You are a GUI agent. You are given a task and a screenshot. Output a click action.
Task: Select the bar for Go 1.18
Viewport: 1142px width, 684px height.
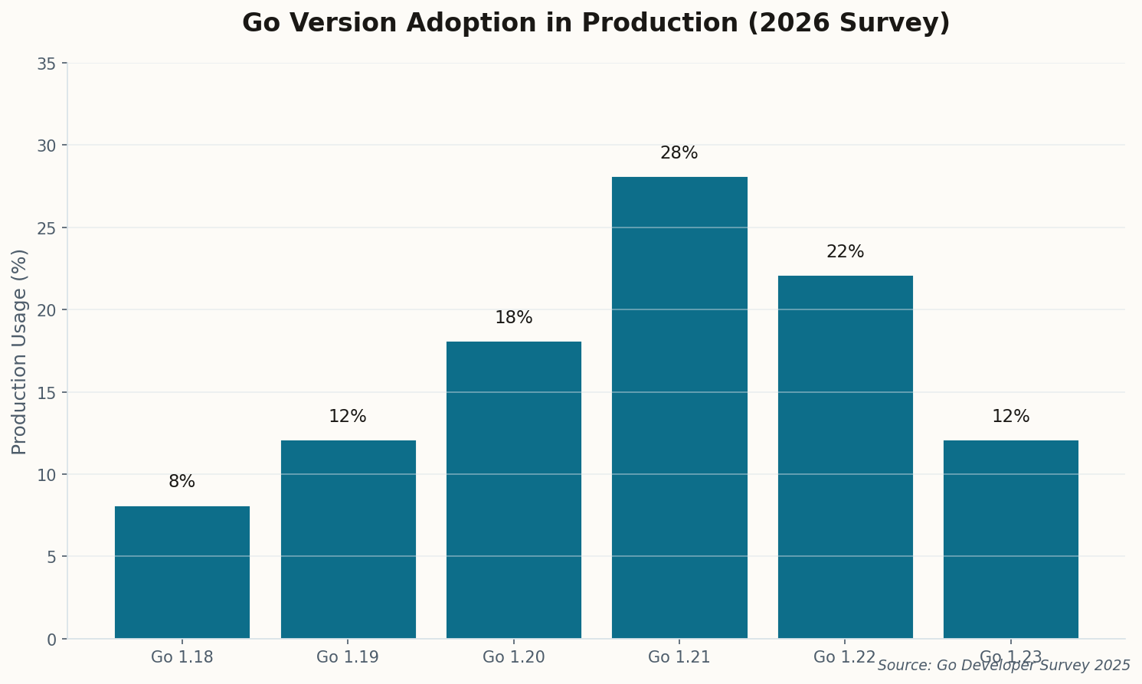click(182, 572)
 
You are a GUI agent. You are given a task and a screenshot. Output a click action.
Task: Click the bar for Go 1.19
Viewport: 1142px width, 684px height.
click(348, 539)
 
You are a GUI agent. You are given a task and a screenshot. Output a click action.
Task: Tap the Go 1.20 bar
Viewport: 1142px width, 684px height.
click(513, 490)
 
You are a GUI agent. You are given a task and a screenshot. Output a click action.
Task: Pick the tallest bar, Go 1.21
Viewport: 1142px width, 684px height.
click(679, 407)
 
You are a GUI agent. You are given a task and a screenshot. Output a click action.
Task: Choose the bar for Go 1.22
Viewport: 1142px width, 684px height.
click(845, 457)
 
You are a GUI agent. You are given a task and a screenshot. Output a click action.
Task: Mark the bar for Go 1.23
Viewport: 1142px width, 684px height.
click(1010, 539)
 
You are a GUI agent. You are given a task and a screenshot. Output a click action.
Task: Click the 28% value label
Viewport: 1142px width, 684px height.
click(679, 153)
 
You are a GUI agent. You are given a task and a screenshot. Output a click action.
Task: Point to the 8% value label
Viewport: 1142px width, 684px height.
click(182, 482)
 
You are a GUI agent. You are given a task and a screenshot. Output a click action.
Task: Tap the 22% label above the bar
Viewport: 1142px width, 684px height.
click(845, 252)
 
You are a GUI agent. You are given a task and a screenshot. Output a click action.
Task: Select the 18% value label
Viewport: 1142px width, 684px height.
click(513, 318)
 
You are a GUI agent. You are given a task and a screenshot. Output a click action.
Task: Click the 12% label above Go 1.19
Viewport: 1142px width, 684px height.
click(348, 417)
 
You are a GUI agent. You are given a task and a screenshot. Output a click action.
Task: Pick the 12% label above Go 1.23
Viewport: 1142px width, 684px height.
click(1010, 417)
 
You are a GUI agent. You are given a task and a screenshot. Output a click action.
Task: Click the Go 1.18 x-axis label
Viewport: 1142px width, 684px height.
click(182, 657)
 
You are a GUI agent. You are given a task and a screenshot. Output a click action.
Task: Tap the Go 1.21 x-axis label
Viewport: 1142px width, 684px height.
click(679, 657)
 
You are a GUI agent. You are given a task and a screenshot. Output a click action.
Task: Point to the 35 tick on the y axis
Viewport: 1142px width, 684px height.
click(47, 64)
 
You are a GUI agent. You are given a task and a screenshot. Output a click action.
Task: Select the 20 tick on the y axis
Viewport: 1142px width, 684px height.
click(47, 310)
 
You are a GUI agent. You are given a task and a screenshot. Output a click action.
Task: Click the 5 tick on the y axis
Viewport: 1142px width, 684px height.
click(51, 557)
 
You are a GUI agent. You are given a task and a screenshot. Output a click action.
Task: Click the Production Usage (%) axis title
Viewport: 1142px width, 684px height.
click(20, 352)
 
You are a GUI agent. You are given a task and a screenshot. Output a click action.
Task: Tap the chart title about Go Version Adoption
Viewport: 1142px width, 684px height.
click(596, 23)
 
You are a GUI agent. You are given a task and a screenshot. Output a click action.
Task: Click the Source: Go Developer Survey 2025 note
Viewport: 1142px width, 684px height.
click(1003, 666)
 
